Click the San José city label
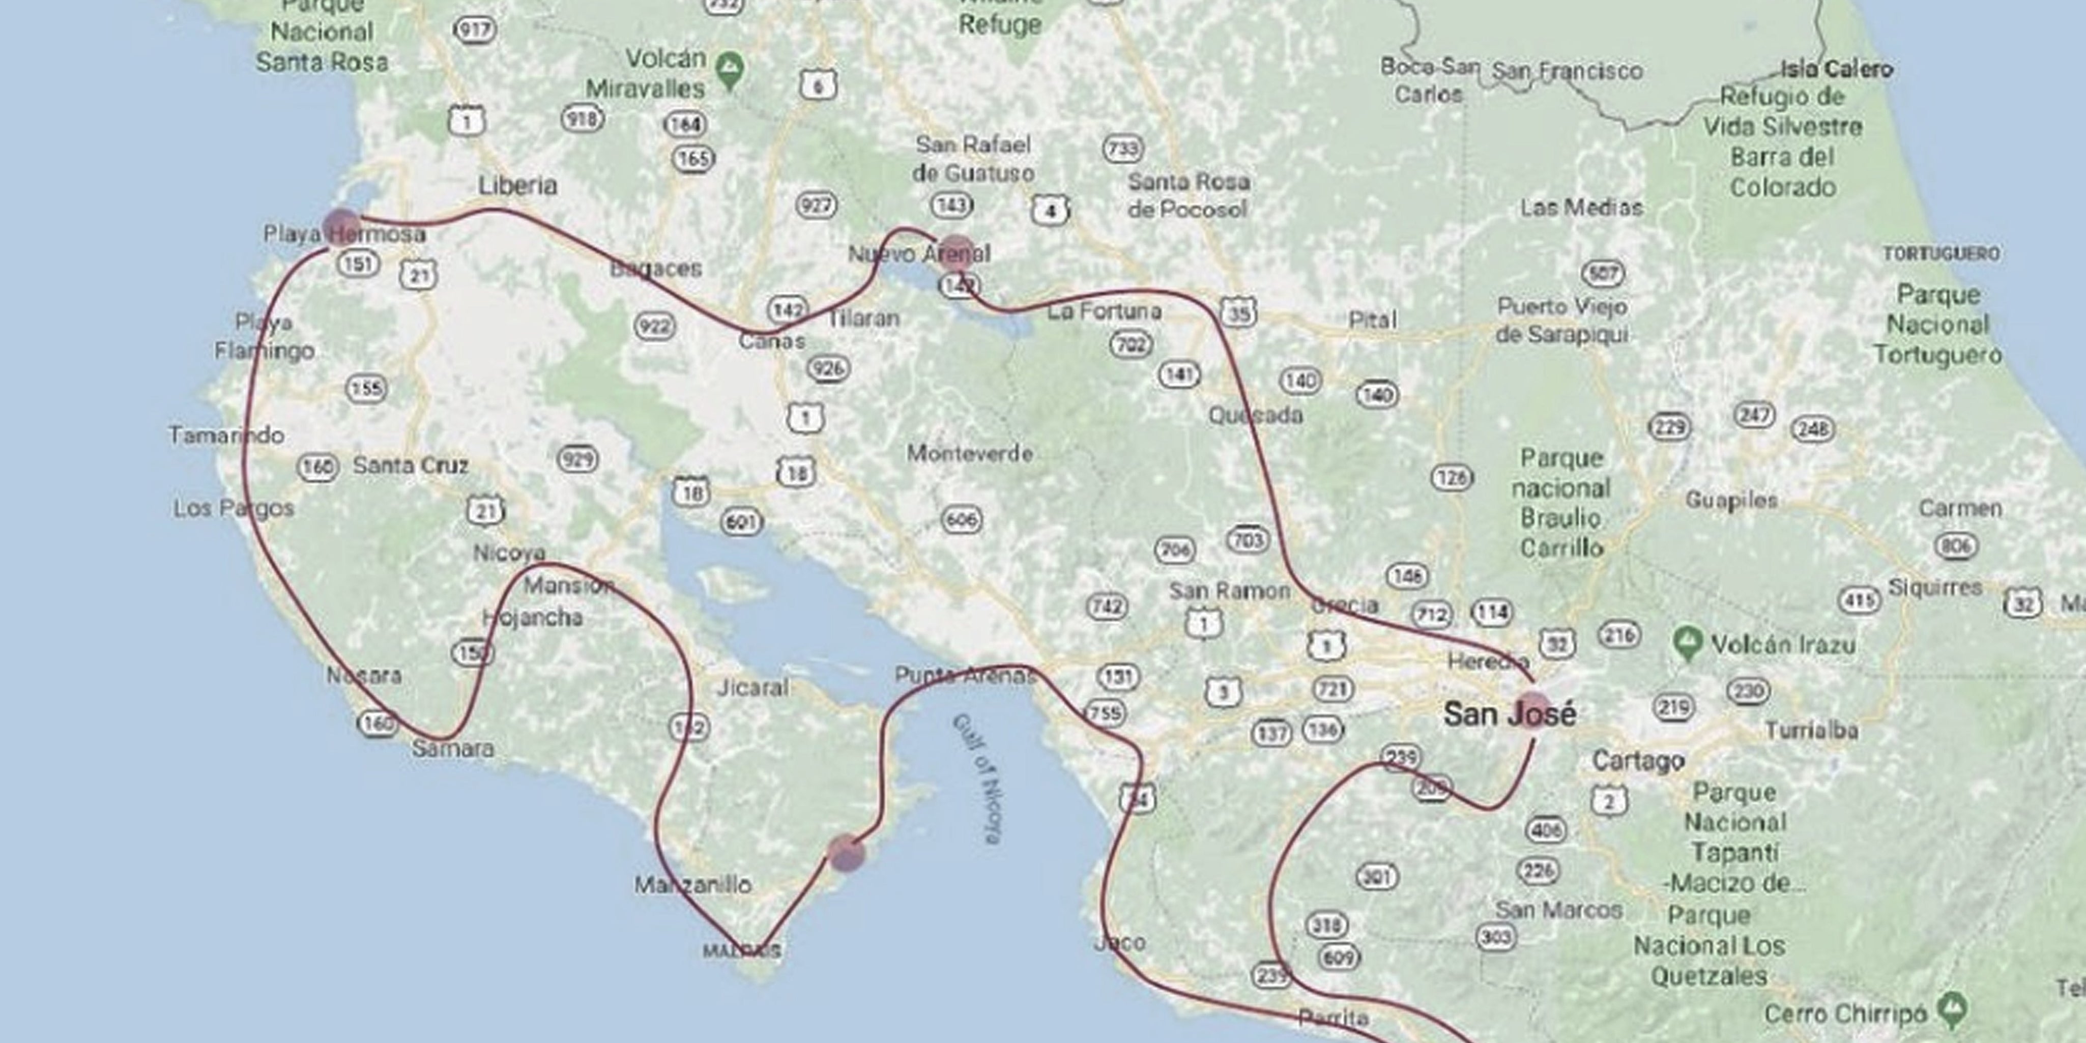[x=1510, y=714]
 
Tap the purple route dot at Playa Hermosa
[x=342, y=227]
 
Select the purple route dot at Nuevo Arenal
[x=957, y=253]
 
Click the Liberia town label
[x=517, y=185]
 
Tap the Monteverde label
[x=969, y=453]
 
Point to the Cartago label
[x=1638, y=761]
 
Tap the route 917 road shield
[x=475, y=31]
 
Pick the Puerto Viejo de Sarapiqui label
[x=1561, y=321]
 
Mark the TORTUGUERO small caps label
[x=1940, y=253]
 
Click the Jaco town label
[x=1120, y=943]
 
